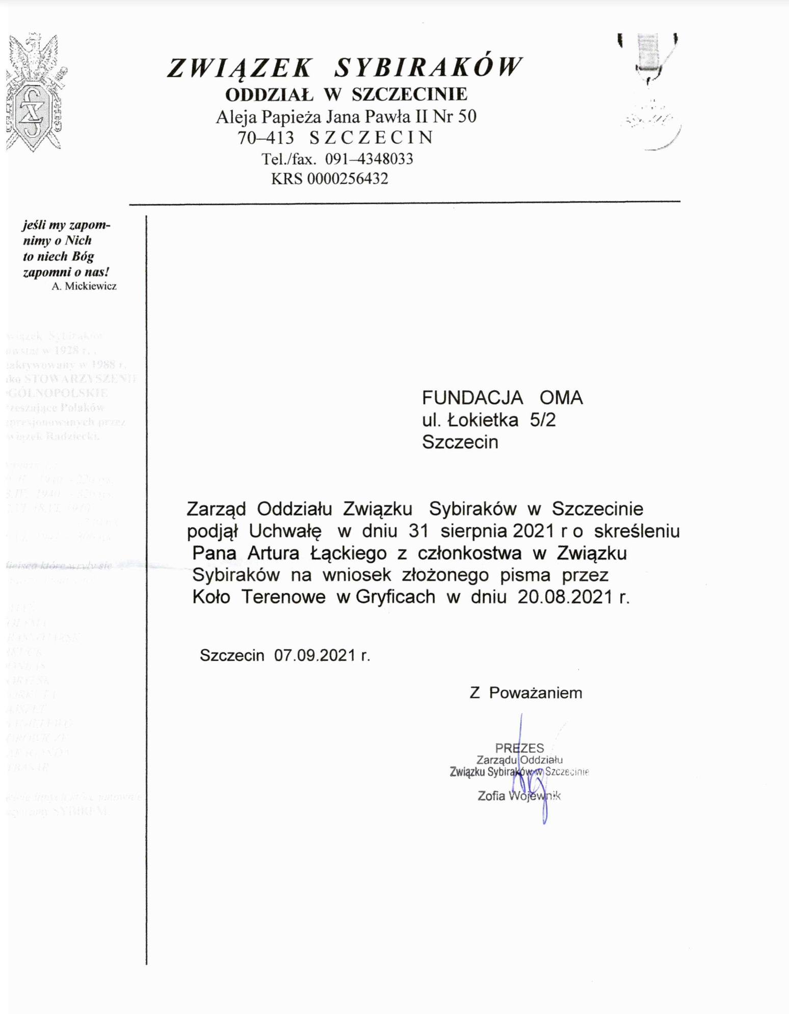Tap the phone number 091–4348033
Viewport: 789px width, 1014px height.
369,159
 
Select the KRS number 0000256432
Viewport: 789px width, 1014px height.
347,179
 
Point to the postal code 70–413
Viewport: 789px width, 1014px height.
266,138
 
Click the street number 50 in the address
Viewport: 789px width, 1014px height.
467,117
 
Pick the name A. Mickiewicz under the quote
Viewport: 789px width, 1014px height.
84,286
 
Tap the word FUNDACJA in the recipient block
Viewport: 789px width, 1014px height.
472,398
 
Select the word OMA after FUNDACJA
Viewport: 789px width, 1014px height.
561,398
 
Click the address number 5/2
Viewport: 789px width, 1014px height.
543,420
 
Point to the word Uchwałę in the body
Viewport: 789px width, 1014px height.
285,531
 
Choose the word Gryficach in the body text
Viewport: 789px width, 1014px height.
395,597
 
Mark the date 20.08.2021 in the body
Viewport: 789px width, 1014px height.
565,597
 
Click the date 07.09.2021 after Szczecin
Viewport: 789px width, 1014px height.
314,655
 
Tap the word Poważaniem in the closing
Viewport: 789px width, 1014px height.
535,693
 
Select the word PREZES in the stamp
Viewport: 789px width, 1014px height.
519,748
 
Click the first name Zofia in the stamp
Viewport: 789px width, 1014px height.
491,796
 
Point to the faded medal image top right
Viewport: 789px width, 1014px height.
649,92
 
